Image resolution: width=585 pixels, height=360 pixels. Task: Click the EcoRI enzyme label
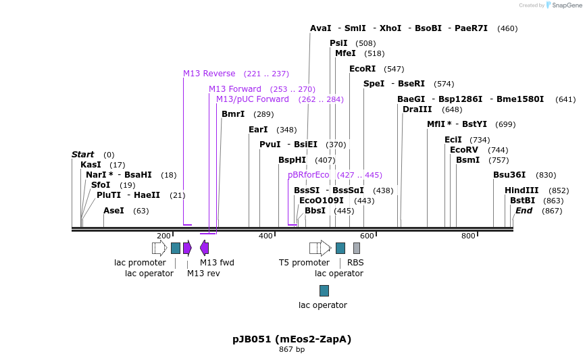click(362, 69)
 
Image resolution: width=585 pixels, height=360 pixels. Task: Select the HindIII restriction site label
click(522, 190)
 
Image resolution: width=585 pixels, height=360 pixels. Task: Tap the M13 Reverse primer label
click(209, 74)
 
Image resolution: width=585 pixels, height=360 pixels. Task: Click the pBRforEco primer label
click(308, 175)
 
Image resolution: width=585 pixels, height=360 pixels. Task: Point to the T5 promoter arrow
click(320, 248)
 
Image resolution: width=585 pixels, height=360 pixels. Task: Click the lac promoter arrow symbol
click(159, 248)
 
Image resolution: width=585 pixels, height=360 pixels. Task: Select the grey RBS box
click(357, 248)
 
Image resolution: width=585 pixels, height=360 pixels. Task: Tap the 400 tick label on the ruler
click(265, 236)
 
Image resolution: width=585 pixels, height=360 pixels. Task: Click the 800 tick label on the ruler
click(468, 236)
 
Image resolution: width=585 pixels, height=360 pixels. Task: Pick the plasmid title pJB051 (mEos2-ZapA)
click(292, 339)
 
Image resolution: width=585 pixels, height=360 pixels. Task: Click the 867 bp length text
click(292, 350)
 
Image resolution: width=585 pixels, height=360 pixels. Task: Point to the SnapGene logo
click(563, 5)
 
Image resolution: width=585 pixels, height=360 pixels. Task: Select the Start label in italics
click(82, 155)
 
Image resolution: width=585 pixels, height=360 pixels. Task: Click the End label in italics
click(524, 211)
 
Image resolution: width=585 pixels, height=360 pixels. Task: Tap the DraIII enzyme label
click(417, 109)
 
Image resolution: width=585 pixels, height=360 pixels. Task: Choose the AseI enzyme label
click(113, 211)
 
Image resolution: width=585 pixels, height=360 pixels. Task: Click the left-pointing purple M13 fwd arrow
click(204, 248)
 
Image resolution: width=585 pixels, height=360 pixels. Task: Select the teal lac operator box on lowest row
click(324, 290)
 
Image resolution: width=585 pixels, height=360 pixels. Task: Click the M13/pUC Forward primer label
click(252, 99)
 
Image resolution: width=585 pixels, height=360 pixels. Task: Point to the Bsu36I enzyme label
click(509, 175)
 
